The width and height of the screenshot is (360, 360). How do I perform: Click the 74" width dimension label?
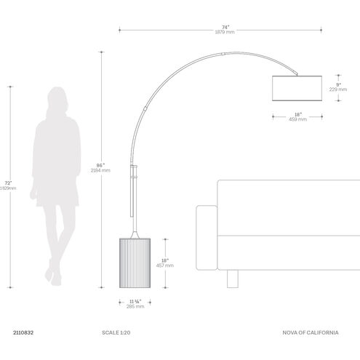pyautogui.click(x=225, y=27)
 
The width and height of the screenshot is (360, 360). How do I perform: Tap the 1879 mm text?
pyautogui.click(x=225, y=32)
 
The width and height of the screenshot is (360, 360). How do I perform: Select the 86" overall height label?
pyautogui.click(x=100, y=165)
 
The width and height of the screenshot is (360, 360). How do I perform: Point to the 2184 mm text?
pyautogui.click(x=100, y=170)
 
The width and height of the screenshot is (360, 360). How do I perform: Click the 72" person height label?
pyautogui.click(x=9, y=183)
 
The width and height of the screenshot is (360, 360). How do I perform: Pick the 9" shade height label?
pyautogui.click(x=338, y=84)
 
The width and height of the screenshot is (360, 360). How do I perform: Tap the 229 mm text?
pyautogui.click(x=338, y=89)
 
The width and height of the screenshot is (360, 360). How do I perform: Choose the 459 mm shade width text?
pyautogui.click(x=297, y=119)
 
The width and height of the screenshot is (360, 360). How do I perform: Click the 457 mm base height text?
pyautogui.click(x=165, y=265)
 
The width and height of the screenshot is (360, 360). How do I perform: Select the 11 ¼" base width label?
pyautogui.click(x=135, y=302)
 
